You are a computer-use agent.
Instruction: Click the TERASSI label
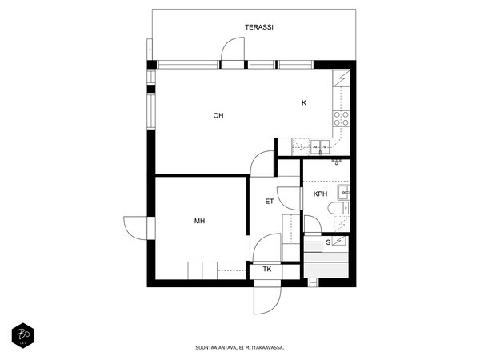click(x=259, y=27)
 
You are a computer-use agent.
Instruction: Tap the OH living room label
click(x=218, y=115)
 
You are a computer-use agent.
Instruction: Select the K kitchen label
click(x=304, y=103)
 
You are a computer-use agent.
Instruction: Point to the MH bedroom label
click(x=199, y=221)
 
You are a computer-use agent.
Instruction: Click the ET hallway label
click(x=270, y=202)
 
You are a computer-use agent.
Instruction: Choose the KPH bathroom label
click(x=320, y=194)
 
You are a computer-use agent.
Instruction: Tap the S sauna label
click(x=328, y=242)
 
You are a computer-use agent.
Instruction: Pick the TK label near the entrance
click(x=267, y=270)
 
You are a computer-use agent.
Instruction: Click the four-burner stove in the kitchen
click(x=342, y=118)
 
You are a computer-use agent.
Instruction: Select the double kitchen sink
click(x=320, y=147)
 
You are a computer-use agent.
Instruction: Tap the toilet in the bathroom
click(x=338, y=209)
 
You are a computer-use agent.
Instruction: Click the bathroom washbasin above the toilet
click(x=343, y=192)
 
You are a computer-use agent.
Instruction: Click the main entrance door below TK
click(x=267, y=301)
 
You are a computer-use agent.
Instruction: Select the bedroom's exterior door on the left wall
click(x=135, y=228)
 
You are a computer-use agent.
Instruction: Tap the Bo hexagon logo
click(x=23, y=336)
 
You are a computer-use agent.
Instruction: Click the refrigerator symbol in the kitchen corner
click(x=341, y=78)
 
